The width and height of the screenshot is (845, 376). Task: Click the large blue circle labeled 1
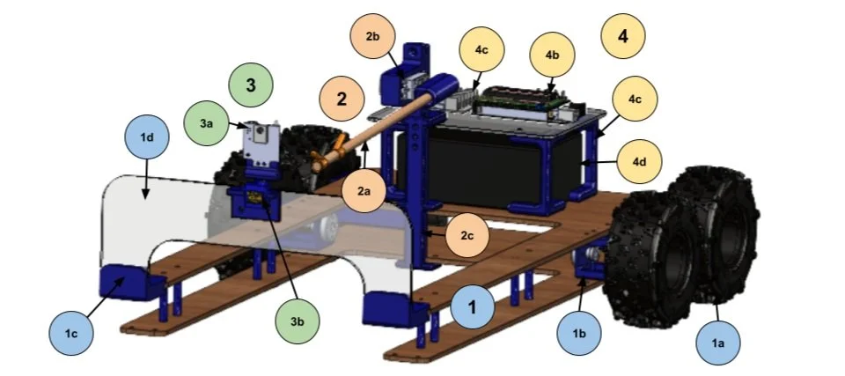(x=473, y=308)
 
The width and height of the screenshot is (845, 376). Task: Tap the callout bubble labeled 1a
(x=719, y=339)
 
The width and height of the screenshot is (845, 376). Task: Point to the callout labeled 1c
(x=73, y=332)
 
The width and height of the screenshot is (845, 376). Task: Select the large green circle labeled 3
(x=251, y=85)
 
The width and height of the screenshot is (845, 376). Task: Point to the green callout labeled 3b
(x=298, y=321)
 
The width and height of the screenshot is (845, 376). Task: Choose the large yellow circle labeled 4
(x=623, y=37)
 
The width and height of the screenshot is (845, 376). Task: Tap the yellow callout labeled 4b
(x=552, y=55)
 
